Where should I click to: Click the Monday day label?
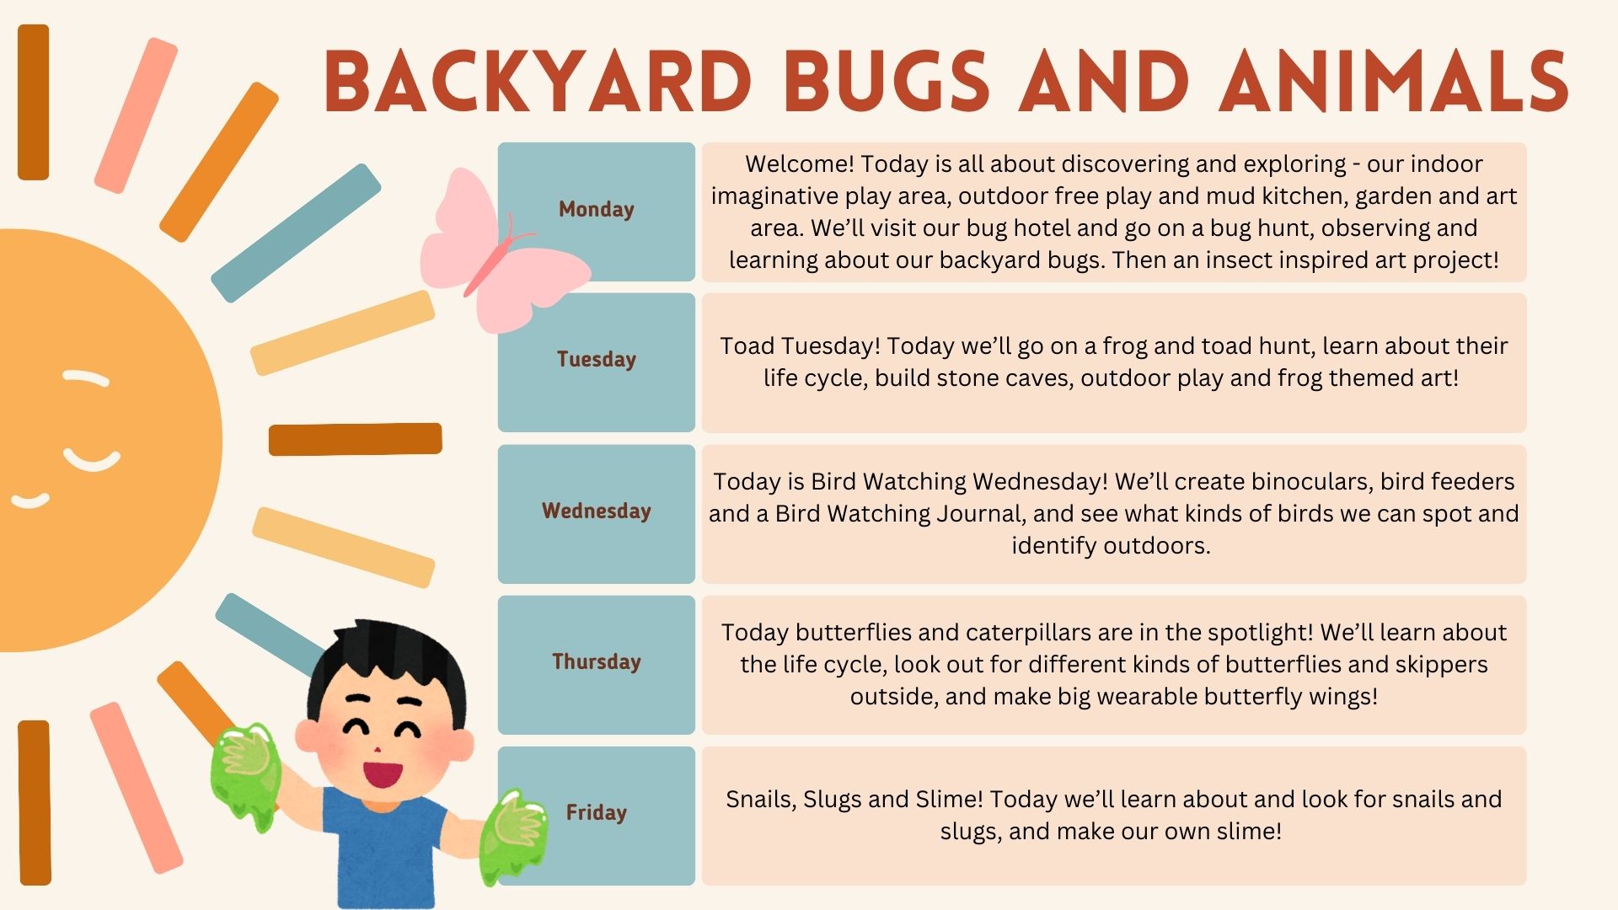pyautogui.click(x=596, y=209)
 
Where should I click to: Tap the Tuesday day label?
pyautogui.click(x=596, y=360)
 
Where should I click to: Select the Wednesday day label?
pyautogui.click(x=596, y=511)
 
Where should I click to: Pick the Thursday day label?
pyautogui.click(x=596, y=662)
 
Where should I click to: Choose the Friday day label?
pyautogui.click(x=596, y=813)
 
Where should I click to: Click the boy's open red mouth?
pyautogui.click(x=382, y=773)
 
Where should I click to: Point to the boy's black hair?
pyautogui.click(x=386, y=666)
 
